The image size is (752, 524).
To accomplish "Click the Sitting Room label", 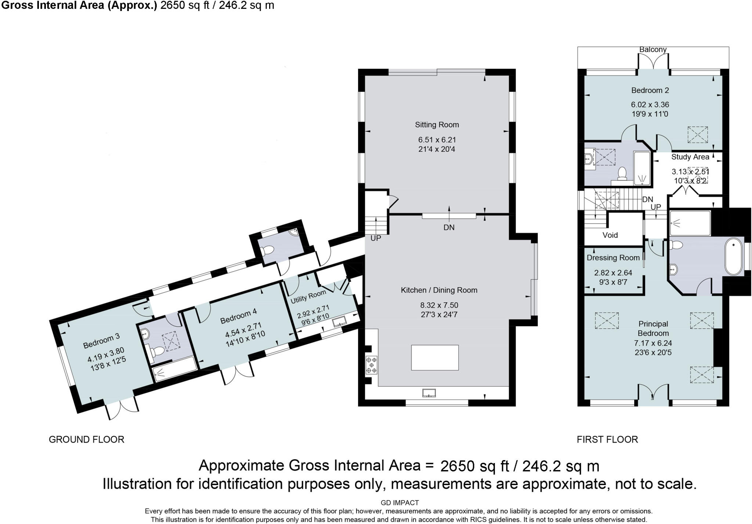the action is click(437, 125).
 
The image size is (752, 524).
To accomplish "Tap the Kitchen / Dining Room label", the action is click(439, 290).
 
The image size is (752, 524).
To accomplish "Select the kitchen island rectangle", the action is click(435, 357).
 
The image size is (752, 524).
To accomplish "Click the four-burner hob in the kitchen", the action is click(371, 365).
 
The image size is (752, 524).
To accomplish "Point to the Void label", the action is click(610, 235).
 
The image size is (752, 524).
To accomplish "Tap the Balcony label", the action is click(653, 50).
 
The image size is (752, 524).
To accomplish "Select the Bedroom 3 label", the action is click(101, 341).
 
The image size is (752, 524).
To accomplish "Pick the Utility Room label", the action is click(308, 297).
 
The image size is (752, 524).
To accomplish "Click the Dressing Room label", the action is click(613, 258).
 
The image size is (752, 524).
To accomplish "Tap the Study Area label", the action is click(690, 157).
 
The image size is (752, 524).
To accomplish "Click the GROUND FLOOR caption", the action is click(87, 440).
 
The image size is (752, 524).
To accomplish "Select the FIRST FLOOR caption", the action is click(607, 440).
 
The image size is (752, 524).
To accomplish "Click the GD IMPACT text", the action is click(400, 503).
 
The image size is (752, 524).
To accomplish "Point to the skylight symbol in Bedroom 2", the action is click(698, 134).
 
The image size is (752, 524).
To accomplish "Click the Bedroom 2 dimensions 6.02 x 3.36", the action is click(650, 105).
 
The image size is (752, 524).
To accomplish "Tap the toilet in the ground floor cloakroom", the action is click(267, 251).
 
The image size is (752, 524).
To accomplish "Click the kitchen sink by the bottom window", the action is click(429, 393).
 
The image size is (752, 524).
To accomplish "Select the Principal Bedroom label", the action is click(653, 329).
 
